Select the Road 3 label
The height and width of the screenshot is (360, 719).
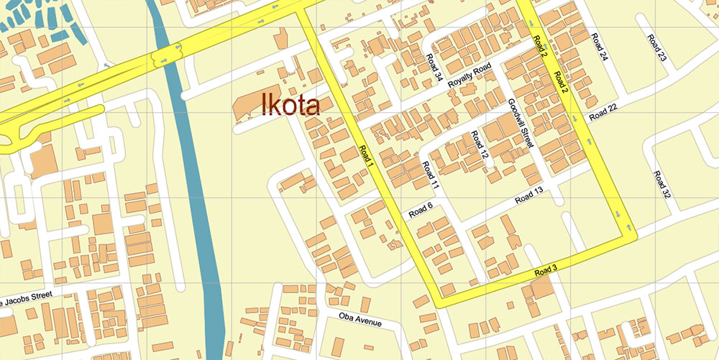pyautogui.click(x=546, y=271)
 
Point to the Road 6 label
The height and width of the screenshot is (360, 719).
pyautogui.click(x=420, y=209)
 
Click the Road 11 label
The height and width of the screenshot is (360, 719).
pyautogui.click(x=431, y=175)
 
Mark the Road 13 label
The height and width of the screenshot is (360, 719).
pyautogui.click(x=528, y=195)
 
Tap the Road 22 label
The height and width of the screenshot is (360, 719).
pyautogui.click(x=603, y=112)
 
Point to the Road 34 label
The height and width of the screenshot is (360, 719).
pyautogui.click(x=434, y=66)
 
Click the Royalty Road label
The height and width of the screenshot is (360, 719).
pyautogui.click(x=469, y=75)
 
